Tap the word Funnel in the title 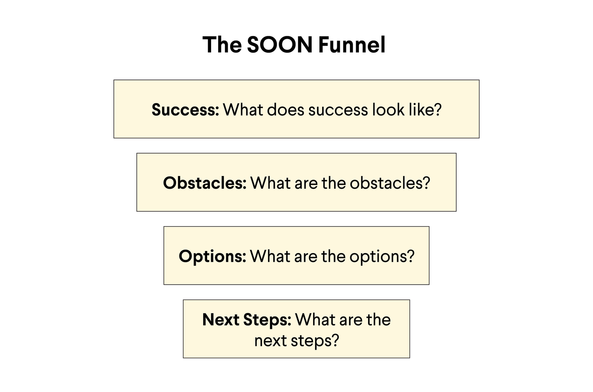point(351,45)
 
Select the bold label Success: point(185,110)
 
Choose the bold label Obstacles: point(204,183)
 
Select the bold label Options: point(212,257)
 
